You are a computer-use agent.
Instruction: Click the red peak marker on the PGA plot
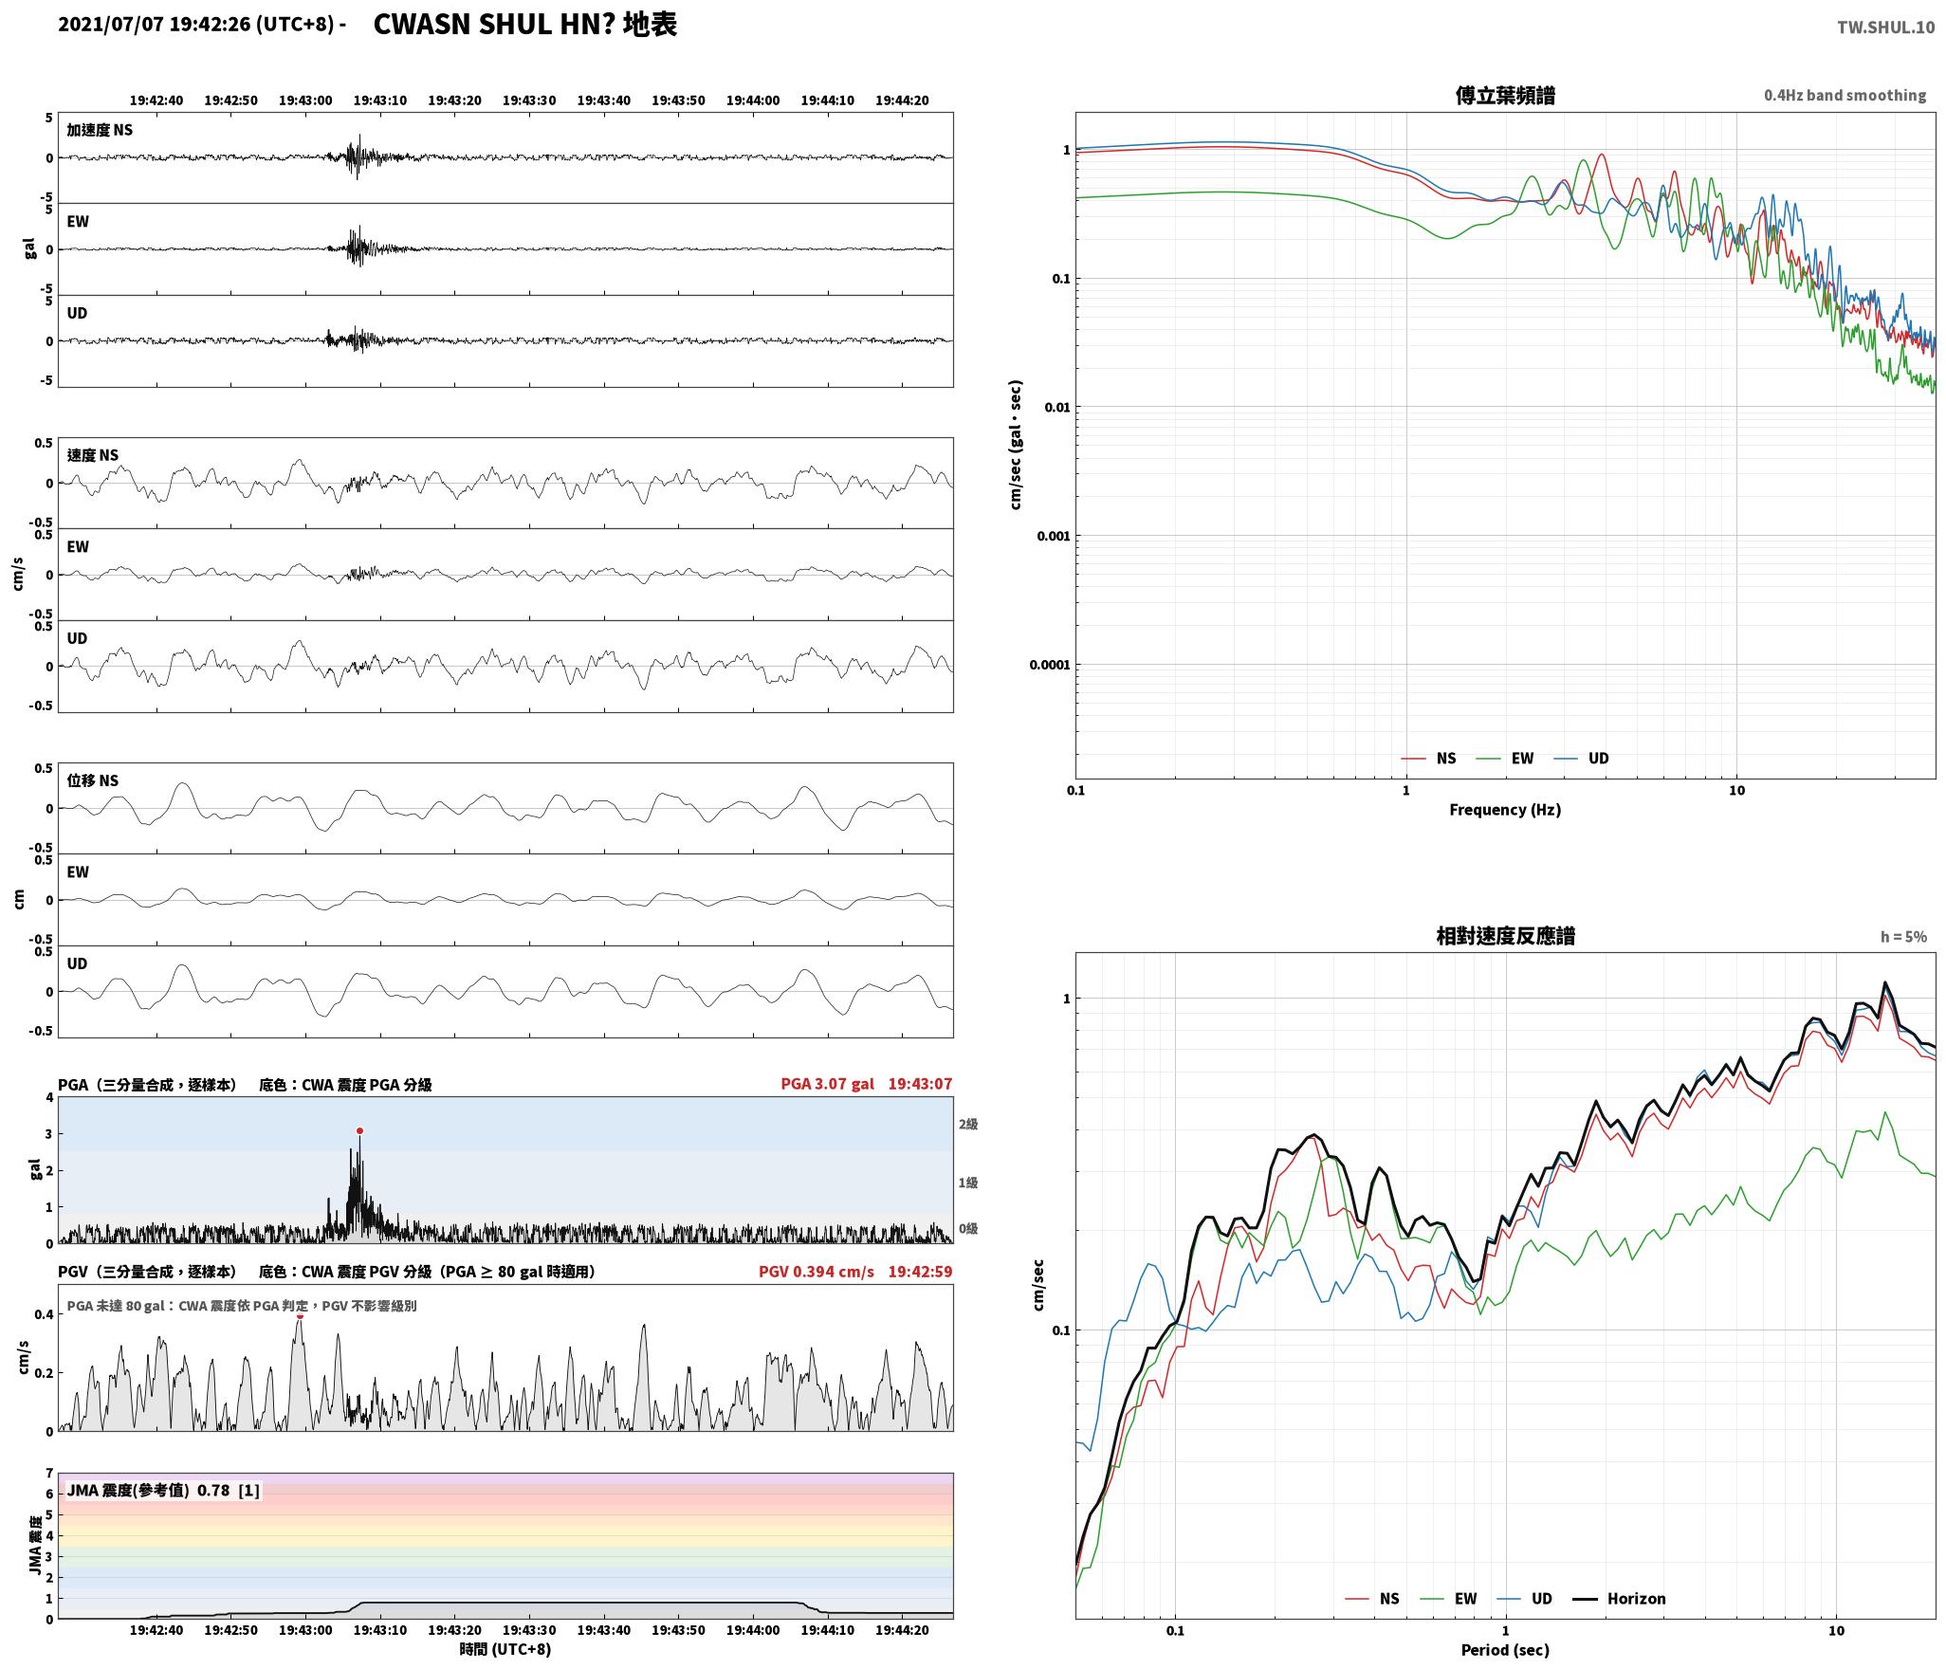pos(359,1130)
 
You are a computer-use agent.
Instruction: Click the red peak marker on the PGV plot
pos(300,1315)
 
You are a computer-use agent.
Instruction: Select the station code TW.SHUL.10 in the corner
pos(1885,28)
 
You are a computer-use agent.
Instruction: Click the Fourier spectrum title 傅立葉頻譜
pos(1505,96)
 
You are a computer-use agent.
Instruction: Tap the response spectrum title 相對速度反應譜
pos(1505,936)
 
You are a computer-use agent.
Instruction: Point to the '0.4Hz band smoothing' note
pos(1845,96)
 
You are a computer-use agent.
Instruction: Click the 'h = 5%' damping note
pos(1903,937)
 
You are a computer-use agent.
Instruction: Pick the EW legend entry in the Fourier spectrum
pos(1505,759)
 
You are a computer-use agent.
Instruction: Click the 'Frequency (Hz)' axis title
pos(1505,810)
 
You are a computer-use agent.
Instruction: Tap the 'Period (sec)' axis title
pos(1505,1650)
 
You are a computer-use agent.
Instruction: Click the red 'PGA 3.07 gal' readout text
pos(827,1084)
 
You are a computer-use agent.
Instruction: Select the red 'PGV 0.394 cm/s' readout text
pos(816,1272)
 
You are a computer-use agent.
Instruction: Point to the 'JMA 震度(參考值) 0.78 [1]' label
pos(162,1491)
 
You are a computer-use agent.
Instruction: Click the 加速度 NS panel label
pos(100,130)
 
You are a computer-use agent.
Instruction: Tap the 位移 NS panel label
pos(92,780)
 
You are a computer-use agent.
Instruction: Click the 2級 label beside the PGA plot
pos(967,1125)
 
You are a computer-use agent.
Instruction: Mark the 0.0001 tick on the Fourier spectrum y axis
pos(1049,665)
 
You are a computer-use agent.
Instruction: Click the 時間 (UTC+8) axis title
pos(505,1649)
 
